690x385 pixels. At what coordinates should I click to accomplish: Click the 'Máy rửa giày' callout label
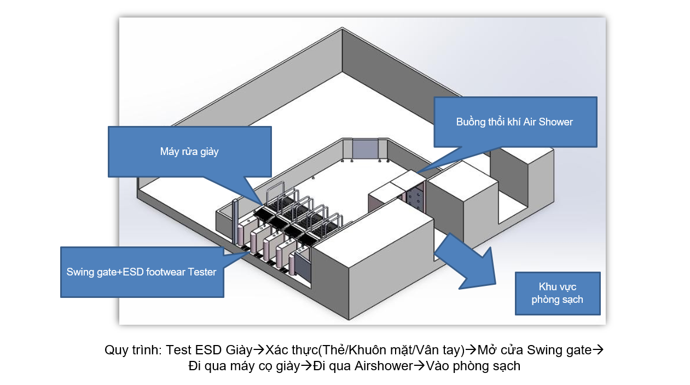[189, 151]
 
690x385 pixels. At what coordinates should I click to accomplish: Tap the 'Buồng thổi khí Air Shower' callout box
[515, 122]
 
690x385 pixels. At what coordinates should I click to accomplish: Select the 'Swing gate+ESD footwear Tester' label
[141, 272]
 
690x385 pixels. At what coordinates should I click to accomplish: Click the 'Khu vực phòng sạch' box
[558, 293]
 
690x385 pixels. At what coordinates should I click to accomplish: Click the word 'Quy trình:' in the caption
[133, 350]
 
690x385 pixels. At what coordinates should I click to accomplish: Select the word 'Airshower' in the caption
[384, 366]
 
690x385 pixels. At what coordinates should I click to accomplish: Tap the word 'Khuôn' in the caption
[367, 350]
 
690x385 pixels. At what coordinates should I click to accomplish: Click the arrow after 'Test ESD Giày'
[259, 350]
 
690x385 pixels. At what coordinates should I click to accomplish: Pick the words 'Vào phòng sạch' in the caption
[473, 366]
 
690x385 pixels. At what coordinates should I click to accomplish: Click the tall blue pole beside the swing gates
[236, 222]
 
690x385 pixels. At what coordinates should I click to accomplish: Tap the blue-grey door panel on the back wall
[366, 149]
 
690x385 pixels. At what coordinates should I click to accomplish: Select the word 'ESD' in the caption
[208, 350]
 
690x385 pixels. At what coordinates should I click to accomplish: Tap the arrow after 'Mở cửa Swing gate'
[598, 350]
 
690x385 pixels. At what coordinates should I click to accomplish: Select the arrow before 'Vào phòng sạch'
[419, 366]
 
